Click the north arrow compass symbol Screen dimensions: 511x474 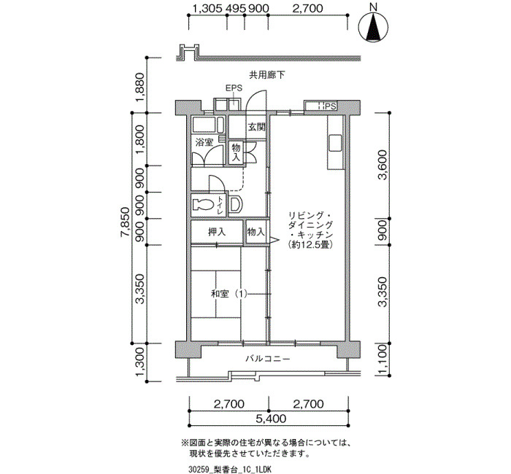pyautogui.click(x=373, y=27)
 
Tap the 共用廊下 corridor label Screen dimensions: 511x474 pyautogui.click(x=266, y=75)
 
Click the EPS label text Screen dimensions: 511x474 pyautogui.click(x=234, y=88)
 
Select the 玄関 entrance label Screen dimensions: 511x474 pyautogui.click(x=257, y=127)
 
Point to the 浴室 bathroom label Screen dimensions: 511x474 pyautogui.click(x=204, y=142)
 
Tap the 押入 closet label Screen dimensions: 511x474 pyautogui.click(x=217, y=232)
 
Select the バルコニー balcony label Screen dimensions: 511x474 pyautogui.click(x=268, y=359)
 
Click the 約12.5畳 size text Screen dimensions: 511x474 pyautogui.click(x=310, y=245)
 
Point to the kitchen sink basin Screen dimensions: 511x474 pyautogui.click(x=335, y=143)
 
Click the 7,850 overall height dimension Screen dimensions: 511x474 pyautogui.click(x=125, y=227)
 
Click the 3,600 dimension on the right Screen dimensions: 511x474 pyautogui.click(x=383, y=165)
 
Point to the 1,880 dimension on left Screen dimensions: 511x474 pyautogui.click(x=140, y=87)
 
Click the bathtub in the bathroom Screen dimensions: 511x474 pyautogui.click(x=208, y=125)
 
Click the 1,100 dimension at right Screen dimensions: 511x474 pyautogui.click(x=383, y=360)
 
